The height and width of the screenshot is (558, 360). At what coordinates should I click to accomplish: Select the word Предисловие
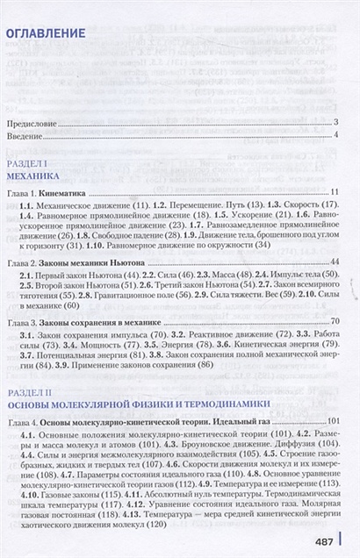pyautogui.click(x=42, y=123)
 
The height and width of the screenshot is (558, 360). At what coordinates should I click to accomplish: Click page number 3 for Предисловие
pyautogui.click(x=336, y=123)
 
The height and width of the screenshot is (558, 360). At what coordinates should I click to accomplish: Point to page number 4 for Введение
pyautogui.click(x=336, y=135)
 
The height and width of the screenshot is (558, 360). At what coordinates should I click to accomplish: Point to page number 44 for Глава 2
pyautogui.click(x=334, y=263)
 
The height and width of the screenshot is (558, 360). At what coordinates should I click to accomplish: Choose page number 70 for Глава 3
pyautogui.click(x=334, y=324)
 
